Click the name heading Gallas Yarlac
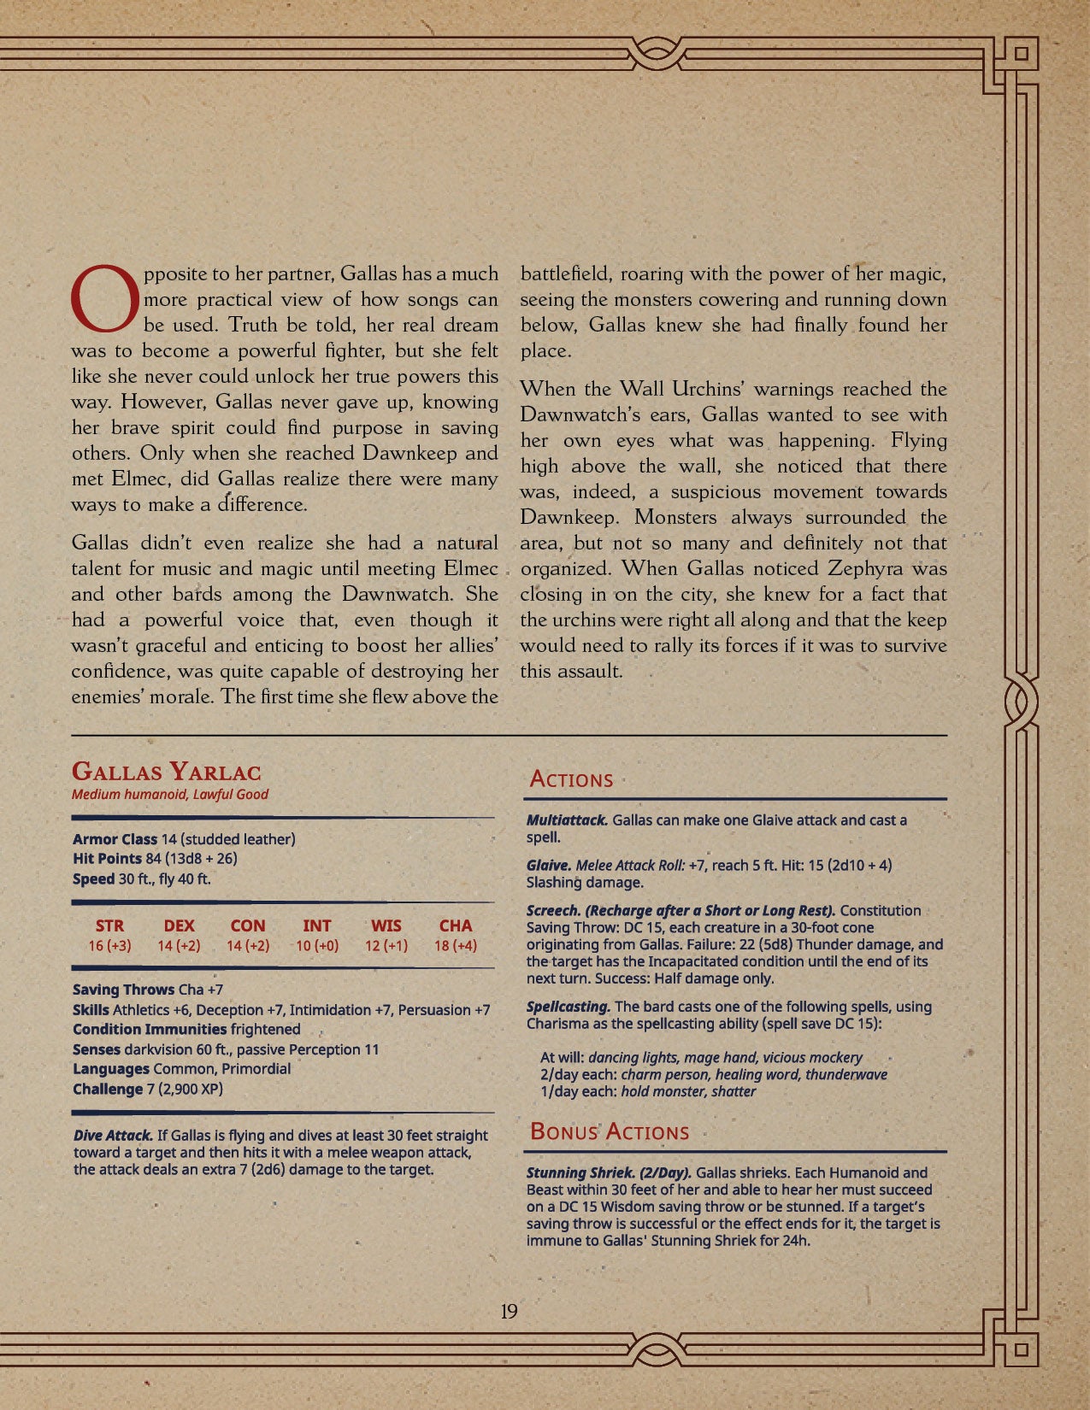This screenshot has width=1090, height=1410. coord(167,772)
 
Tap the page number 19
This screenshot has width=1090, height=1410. coord(509,1312)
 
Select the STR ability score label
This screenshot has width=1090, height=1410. coord(109,925)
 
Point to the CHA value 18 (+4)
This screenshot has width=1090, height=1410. coord(456,946)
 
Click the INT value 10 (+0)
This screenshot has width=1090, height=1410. coord(317,946)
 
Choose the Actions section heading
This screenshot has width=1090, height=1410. coord(571,779)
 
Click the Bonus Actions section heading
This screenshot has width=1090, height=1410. coord(610,1132)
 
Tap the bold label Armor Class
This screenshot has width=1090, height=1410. coord(115,839)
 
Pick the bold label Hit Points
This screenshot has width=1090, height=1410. coord(107,859)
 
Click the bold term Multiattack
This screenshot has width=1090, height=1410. coord(567,820)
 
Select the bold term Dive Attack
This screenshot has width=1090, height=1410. coord(113,1136)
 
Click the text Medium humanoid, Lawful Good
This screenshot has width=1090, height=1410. coord(170,795)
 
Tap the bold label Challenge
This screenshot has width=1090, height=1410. coord(108,1090)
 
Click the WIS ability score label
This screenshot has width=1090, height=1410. coord(386,925)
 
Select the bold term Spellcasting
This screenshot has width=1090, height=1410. coord(569,1007)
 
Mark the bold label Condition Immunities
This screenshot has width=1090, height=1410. coord(150,1030)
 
